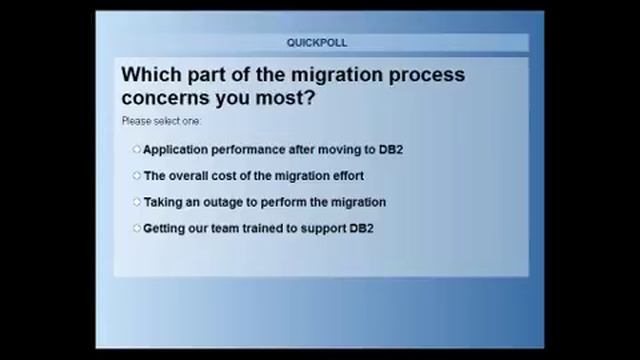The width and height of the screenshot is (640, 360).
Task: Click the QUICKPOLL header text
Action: point(317,43)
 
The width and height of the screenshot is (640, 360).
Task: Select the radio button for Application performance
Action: point(137,150)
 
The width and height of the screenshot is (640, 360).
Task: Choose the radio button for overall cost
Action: point(137,176)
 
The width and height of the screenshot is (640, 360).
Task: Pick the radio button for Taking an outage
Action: point(137,202)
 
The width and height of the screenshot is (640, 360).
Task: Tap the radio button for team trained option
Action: point(137,228)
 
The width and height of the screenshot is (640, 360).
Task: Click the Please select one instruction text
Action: point(161,122)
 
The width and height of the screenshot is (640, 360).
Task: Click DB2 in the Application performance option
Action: point(390,150)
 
